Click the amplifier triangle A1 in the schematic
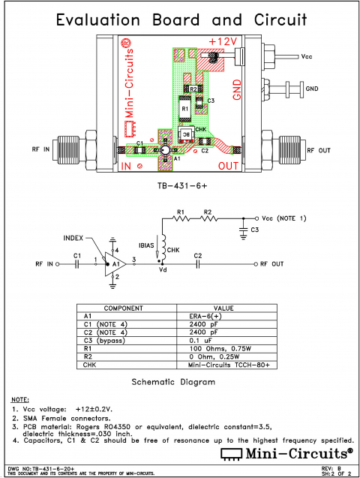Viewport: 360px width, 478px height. point(113,263)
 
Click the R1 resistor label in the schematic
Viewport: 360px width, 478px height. point(179,212)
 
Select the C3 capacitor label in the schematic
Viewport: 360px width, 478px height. point(255,229)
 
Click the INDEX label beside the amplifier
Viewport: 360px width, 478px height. point(74,237)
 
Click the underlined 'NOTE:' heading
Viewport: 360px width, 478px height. point(20,399)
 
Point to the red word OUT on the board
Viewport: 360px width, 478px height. point(228,164)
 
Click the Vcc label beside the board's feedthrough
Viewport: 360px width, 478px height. point(307,56)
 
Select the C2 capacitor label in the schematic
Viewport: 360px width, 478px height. point(198,256)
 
